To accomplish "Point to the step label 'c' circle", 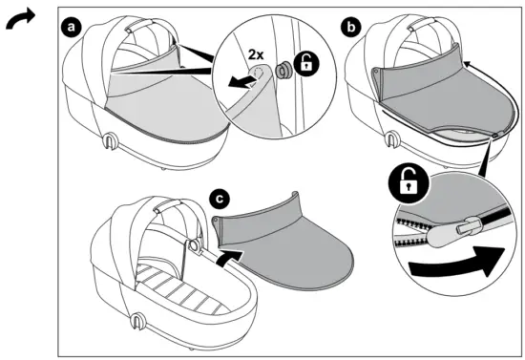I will tap(220, 200).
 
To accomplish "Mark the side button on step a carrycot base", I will tap(113, 143).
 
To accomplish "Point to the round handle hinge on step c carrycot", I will tap(193, 245).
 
